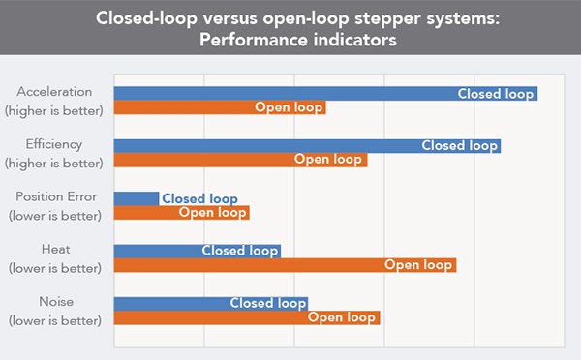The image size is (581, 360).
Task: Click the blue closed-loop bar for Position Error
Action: [x=137, y=198]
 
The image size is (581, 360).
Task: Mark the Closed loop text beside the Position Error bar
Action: [x=199, y=198]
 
